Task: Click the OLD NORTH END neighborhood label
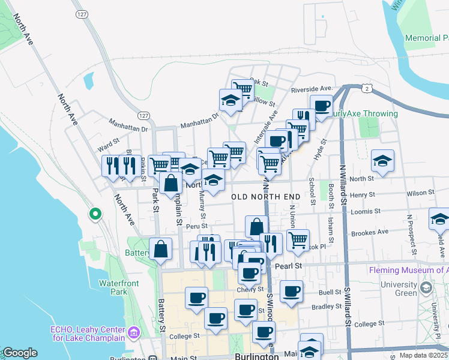tap(266, 197)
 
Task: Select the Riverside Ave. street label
tap(312, 89)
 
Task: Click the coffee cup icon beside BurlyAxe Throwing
tap(322, 106)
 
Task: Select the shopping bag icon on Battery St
tap(161, 248)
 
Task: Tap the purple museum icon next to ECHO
tap(134, 332)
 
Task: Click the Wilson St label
tap(420, 193)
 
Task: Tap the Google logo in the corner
tap(20, 353)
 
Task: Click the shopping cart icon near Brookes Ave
tap(298, 240)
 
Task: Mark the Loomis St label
tap(367, 211)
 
